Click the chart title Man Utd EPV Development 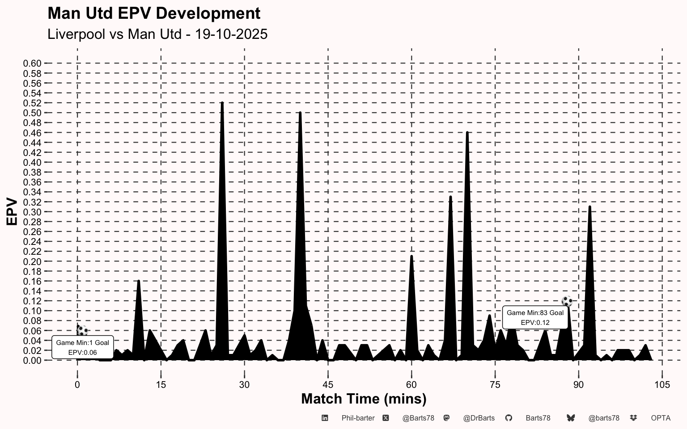(154, 13)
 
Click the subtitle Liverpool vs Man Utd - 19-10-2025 (157, 34)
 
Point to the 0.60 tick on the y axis (32, 63)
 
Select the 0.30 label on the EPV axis (32, 212)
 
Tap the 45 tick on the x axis (328, 385)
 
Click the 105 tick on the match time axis (662, 385)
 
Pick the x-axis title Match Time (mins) (364, 399)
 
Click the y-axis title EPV (12, 212)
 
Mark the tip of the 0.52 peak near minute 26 (222, 103)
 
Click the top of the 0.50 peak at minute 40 (300, 113)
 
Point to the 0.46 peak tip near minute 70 (467, 133)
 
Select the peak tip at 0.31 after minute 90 (590, 207)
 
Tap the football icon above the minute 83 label (567, 301)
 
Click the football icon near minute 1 (82, 331)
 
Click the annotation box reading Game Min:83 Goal (535, 318)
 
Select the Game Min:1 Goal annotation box (83, 347)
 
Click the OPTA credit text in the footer (661, 418)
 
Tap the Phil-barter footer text (358, 418)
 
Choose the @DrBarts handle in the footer (479, 418)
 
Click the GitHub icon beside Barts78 (509, 418)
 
